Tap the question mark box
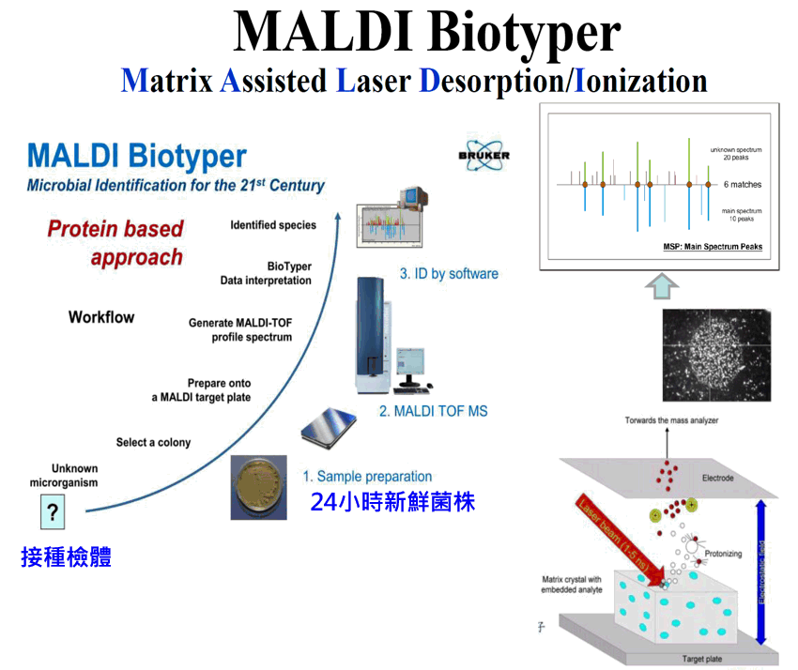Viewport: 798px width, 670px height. tap(53, 512)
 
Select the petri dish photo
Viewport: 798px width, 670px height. tap(259, 486)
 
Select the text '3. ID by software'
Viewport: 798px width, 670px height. tap(449, 274)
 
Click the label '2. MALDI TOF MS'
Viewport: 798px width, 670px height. tap(433, 410)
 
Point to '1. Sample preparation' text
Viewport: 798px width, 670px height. tap(367, 477)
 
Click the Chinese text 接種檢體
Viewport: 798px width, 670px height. tap(66, 557)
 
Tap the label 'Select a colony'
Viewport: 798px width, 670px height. tap(153, 442)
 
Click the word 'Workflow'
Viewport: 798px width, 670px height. tap(101, 317)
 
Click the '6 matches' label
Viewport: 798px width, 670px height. tap(743, 185)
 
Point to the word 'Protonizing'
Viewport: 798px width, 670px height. tap(724, 554)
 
